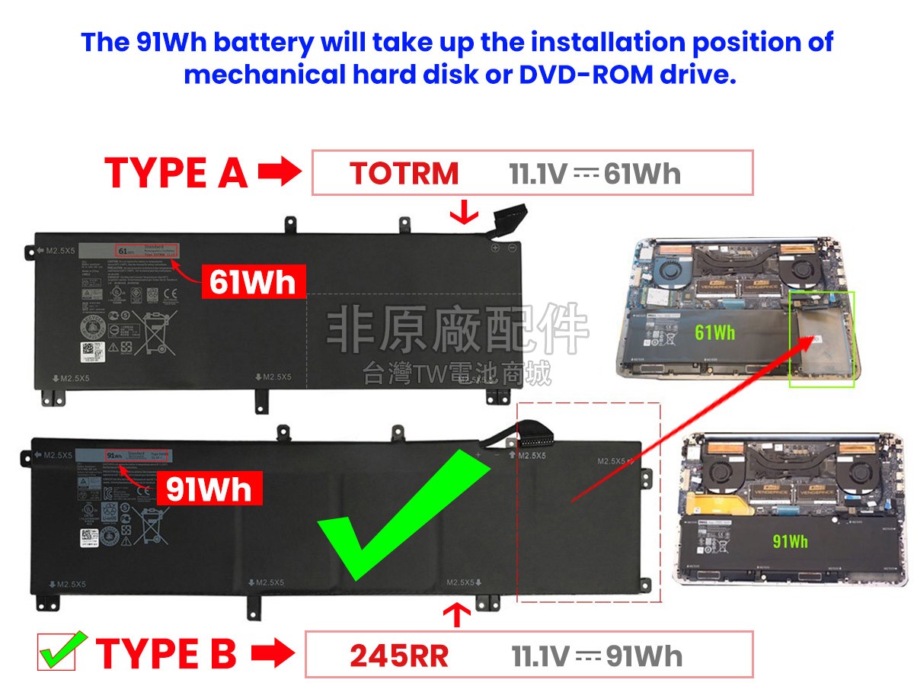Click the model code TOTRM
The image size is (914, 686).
(404, 174)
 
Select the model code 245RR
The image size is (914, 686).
(399, 656)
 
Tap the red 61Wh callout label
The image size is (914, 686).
(253, 283)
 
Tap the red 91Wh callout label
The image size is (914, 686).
(209, 489)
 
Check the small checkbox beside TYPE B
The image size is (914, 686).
(57, 653)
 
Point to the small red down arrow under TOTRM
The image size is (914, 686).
(459, 213)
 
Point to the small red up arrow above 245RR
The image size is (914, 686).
(457, 614)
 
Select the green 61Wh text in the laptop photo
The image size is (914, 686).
(714, 332)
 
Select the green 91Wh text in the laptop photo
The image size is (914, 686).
(790, 541)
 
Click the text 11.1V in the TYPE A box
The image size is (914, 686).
(538, 174)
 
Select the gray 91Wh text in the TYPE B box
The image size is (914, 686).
(644, 656)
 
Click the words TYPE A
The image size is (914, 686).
(176, 173)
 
